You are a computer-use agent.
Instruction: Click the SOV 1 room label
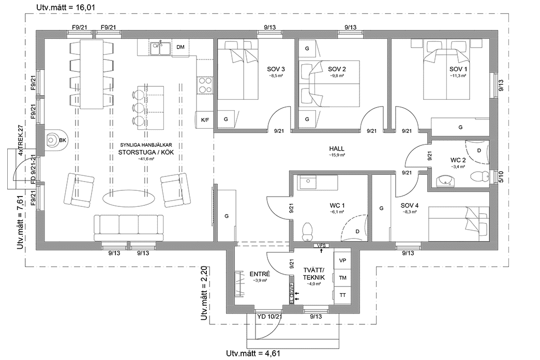(x=458, y=69)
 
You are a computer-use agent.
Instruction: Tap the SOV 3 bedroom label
(x=276, y=69)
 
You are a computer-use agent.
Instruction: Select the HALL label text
(x=337, y=149)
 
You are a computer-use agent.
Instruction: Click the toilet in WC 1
(x=307, y=230)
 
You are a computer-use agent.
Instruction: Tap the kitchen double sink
(x=161, y=48)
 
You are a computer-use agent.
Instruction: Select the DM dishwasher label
(x=181, y=48)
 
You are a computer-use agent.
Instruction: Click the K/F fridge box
(x=205, y=120)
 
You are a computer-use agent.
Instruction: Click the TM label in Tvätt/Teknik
(x=342, y=278)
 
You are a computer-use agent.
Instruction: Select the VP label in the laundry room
(x=342, y=261)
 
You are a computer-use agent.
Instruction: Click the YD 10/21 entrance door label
(x=269, y=316)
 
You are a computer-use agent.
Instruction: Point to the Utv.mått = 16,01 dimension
(x=66, y=7)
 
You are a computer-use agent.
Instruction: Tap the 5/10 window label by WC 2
(x=500, y=177)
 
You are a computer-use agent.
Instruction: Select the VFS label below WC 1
(x=321, y=245)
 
